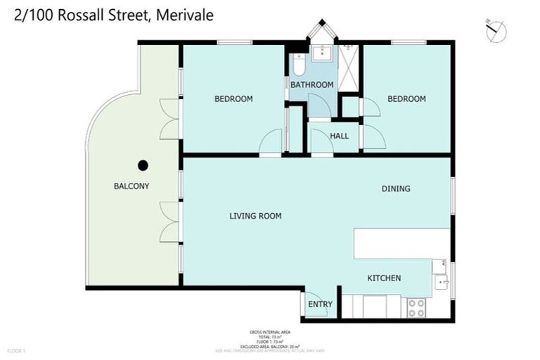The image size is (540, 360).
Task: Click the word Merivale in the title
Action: tap(184, 15)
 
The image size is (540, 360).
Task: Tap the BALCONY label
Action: tap(131, 186)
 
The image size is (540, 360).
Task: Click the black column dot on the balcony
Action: tap(143, 165)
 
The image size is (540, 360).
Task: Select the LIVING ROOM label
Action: tap(255, 216)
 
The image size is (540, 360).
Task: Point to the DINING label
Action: tap(396, 188)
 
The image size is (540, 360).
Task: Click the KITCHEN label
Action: tap(384, 278)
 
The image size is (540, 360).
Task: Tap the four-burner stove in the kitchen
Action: tap(416, 307)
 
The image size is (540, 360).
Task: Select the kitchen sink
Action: tap(442, 282)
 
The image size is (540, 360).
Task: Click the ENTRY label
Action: tap(320, 304)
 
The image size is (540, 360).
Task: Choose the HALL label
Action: tap(340, 136)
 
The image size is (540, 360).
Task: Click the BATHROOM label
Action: tap(311, 85)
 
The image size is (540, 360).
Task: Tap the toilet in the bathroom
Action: tap(298, 65)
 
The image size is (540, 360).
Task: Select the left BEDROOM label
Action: tap(233, 99)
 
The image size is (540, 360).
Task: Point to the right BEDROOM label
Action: tap(406, 99)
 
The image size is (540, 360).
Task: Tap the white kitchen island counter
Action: tap(401, 243)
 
